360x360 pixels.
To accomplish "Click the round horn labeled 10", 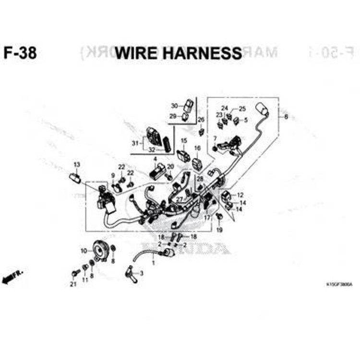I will coord(99,250).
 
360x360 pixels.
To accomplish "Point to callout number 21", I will coord(73,284).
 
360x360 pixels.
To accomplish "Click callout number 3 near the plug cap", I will coord(141,274).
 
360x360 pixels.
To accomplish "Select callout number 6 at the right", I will coord(287,117).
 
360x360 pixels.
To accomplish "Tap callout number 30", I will coord(175,106).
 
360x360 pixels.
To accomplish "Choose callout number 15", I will coord(183,141).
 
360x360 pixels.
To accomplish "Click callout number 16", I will coord(197,148).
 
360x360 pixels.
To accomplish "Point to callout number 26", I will coord(201,120).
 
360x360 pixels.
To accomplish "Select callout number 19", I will coord(220,230).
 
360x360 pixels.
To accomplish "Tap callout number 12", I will coord(240,195).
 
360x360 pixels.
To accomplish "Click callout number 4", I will coord(155,159).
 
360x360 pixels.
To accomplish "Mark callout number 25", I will coord(242,108).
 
